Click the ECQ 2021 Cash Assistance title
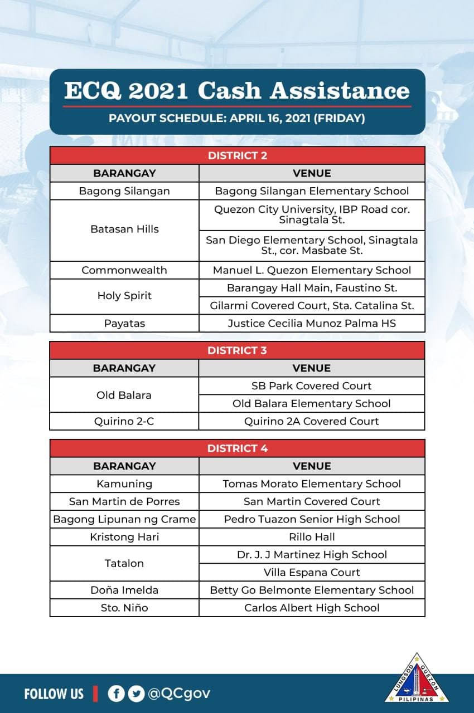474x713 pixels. click(x=237, y=91)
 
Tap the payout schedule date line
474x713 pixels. click(x=237, y=118)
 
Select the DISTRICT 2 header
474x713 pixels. click(x=237, y=155)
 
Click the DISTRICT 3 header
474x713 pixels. click(x=237, y=350)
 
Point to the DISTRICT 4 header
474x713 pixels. click(x=237, y=448)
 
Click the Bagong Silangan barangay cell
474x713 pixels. click(x=124, y=191)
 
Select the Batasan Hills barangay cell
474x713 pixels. click(x=124, y=229)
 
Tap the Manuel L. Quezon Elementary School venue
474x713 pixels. click(x=312, y=270)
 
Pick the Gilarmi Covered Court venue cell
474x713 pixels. click(x=312, y=306)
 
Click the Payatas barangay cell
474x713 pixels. click(x=124, y=323)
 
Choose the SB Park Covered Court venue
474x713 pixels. click(x=312, y=386)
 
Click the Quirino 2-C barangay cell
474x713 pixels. click(x=124, y=422)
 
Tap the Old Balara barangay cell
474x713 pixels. click(x=124, y=395)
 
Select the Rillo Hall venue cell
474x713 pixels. click(x=312, y=538)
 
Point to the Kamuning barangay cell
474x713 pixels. click(x=124, y=484)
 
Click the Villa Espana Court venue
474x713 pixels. click(x=312, y=573)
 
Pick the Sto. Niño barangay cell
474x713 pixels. click(x=124, y=608)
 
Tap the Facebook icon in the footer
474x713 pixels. click(x=117, y=694)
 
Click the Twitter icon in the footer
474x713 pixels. click(x=136, y=694)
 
